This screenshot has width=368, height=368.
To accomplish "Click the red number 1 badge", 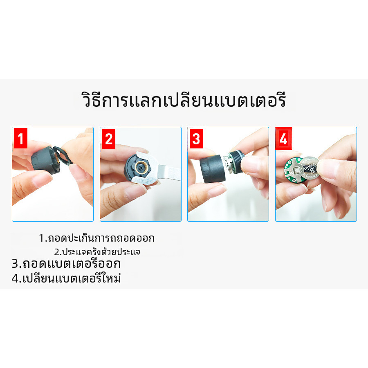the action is (21, 138).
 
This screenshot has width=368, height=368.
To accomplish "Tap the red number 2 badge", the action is (109, 139).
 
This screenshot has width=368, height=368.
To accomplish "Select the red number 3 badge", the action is (196, 139).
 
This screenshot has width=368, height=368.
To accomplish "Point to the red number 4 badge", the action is (283, 138).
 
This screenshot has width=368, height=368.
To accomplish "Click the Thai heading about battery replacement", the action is (184, 100).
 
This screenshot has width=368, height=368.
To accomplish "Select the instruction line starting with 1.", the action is (96, 238).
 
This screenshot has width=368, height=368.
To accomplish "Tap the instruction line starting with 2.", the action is (97, 251).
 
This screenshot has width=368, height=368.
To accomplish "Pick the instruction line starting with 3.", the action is (66, 264).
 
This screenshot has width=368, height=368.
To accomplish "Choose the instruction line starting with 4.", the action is (66, 278).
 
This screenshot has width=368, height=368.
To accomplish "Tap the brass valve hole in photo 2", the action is (141, 167).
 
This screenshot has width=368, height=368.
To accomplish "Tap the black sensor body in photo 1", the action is (45, 159).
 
